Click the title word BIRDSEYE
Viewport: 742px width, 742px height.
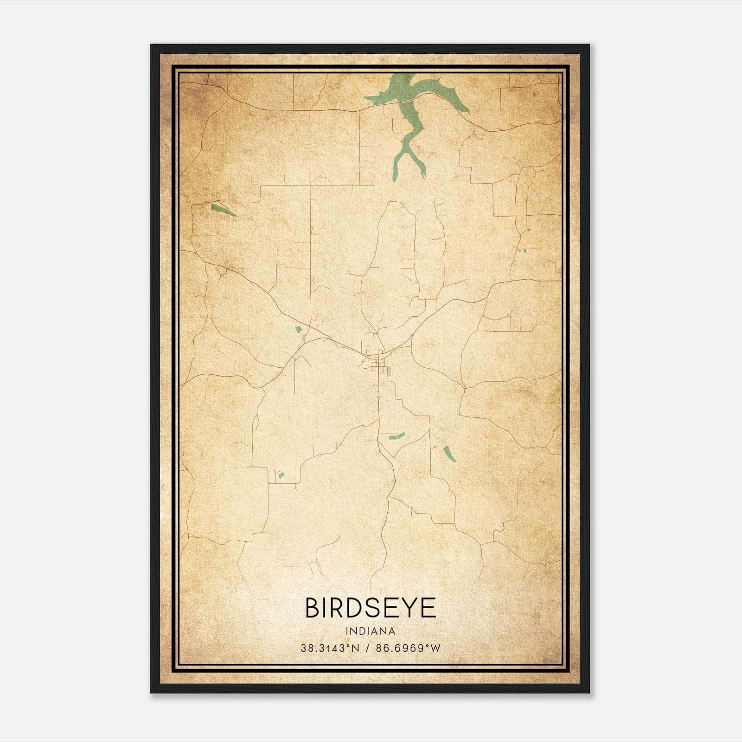tap(371, 608)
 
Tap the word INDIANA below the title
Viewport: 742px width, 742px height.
tap(371, 631)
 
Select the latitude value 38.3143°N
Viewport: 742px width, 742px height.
tap(330, 648)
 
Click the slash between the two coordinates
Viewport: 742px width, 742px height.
tap(367, 648)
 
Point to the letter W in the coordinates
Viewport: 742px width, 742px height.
tap(435, 648)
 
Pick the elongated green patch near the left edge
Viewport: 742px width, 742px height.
tap(224, 210)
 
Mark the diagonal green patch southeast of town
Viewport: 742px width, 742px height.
tap(449, 454)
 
